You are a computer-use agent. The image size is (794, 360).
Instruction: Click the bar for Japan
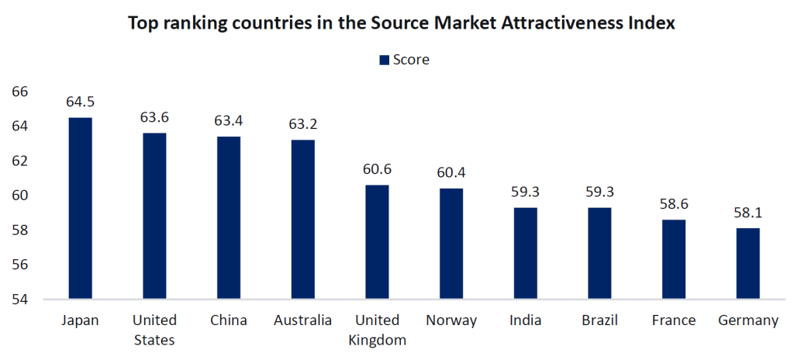click(x=81, y=208)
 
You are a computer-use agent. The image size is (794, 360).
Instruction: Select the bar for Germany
click(x=747, y=263)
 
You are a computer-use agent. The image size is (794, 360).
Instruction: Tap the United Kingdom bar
click(x=377, y=241)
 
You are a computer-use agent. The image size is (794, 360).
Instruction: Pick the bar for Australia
click(x=303, y=219)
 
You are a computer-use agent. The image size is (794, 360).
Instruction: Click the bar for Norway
click(x=451, y=244)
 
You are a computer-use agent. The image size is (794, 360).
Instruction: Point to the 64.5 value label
click(x=81, y=102)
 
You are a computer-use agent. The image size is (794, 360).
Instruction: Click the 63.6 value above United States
click(x=154, y=117)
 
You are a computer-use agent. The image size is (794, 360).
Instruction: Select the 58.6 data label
click(x=674, y=204)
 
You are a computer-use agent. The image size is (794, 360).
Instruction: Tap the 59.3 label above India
click(x=526, y=192)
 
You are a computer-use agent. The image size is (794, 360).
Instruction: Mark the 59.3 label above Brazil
click(x=599, y=192)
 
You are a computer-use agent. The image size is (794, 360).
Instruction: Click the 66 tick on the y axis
click(x=20, y=92)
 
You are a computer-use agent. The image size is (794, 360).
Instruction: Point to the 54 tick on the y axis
click(x=20, y=299)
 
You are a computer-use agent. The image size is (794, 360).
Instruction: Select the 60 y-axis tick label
click(x=20, y=196)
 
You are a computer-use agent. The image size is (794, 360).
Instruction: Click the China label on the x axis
click(x=229, y=320)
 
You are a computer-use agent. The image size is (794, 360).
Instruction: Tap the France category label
click(x=674, y=320)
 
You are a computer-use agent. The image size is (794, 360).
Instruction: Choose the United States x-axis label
click(x=154, y=330)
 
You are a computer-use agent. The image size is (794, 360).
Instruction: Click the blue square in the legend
click(x=383, y=60)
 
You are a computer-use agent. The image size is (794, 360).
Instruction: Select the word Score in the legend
click(x=411, y=60)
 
